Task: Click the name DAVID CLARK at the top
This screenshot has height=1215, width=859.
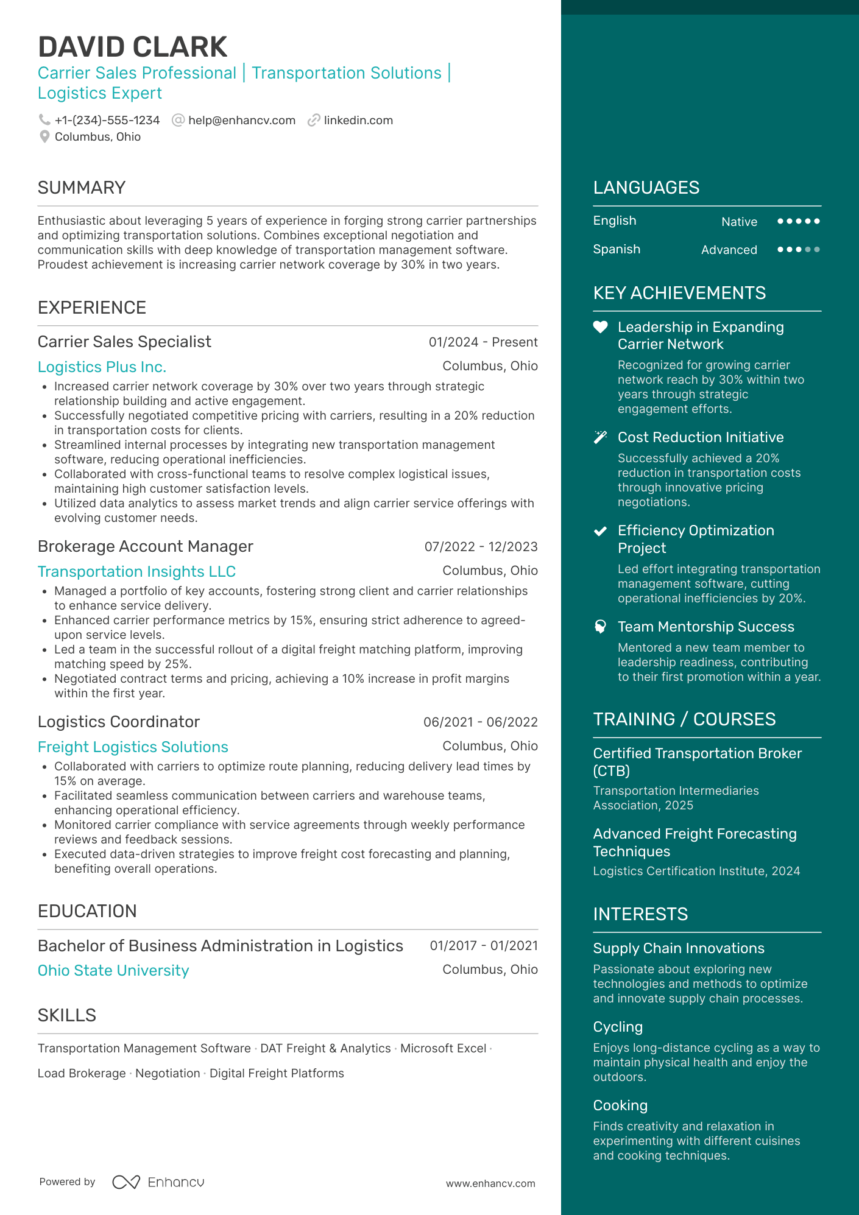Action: tap(132, 47)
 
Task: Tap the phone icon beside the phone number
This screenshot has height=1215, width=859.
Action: tap(44, 120)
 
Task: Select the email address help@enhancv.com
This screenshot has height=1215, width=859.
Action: tap(241, 121)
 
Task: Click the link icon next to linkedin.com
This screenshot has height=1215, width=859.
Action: tap(314, 121)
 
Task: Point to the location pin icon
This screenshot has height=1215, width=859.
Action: tap(44, 137)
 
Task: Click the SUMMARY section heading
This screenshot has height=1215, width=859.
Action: tap(82, 188)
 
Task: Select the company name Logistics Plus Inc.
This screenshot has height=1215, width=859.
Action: tap(102, 367)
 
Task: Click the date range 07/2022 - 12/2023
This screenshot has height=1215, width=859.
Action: tap(481, 547)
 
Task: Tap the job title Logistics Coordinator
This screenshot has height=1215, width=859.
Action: tap(119, 722)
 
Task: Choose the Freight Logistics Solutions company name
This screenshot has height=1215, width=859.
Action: tap(133, 747)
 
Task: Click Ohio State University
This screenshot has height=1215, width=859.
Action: tap(113, 970)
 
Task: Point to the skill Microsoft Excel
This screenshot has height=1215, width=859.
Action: tap(443, 1048)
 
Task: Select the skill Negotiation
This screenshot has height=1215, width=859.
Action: tap(168, 1073)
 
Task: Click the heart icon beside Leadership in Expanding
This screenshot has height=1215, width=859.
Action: tap(600, 327)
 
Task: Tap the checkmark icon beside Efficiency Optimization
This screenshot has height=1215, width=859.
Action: tap(600, 531)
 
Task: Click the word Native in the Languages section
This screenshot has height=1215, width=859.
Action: tap(739, 222)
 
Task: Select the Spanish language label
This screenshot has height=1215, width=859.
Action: tap(617, 249)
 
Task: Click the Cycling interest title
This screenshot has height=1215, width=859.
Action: tap(618, 1027)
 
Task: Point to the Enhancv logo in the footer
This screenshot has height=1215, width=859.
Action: tap(158, 1182)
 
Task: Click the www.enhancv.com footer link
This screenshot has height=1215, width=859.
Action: tap(490, 1183)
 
